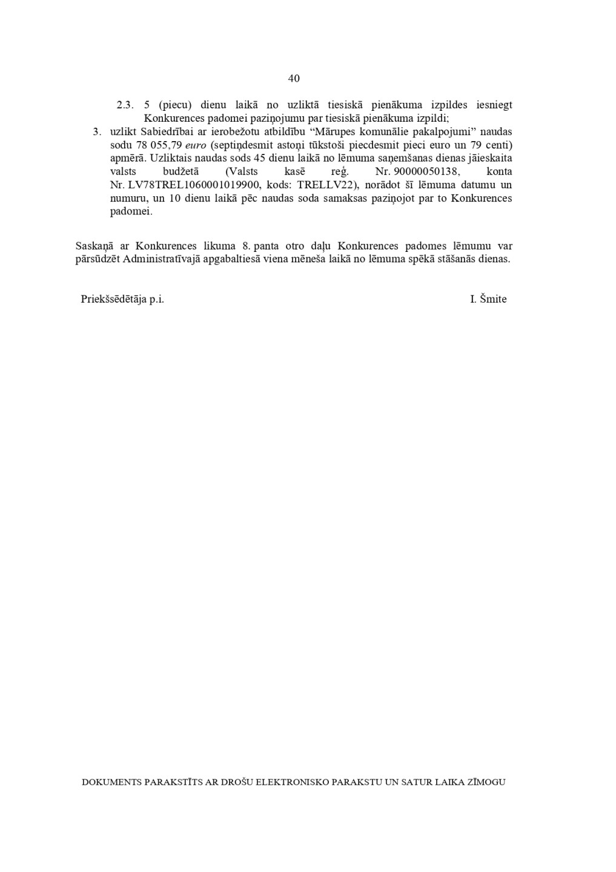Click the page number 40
click(294, 78)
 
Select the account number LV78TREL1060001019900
click(194, 185)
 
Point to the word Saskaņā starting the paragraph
click(94, 246)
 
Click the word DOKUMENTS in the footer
click(111, 782)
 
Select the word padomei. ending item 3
click(131, 212)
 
